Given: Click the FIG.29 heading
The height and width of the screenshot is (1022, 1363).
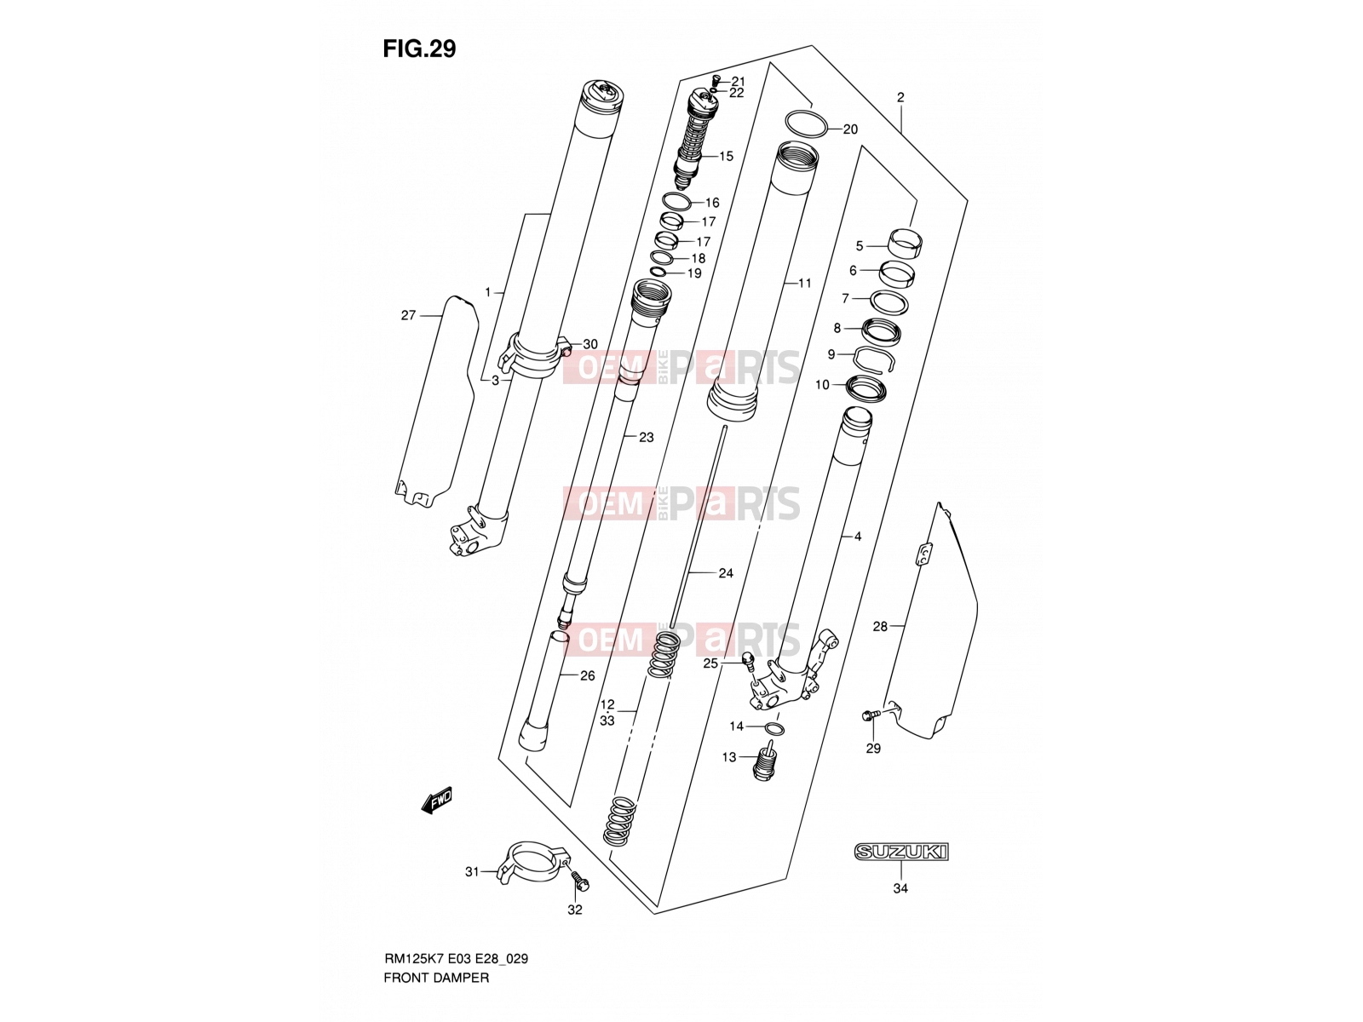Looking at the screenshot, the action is pos(419,49).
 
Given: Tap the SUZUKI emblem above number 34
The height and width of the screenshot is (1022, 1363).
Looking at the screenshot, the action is pos(900,852).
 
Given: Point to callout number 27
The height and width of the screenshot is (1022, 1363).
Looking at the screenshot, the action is pos(408,315).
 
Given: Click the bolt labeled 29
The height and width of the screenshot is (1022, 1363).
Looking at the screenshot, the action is pos(870,716).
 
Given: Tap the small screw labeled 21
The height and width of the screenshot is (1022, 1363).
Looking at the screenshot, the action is pos(716,81).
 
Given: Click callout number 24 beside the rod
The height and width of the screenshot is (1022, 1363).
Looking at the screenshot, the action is pos(725,573).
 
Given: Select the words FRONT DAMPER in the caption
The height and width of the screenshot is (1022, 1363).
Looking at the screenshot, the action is pos(436,978).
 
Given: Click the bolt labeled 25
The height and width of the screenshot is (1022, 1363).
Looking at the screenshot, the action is pos(749,662).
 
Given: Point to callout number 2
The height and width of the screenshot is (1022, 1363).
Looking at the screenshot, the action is pos(900,97).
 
